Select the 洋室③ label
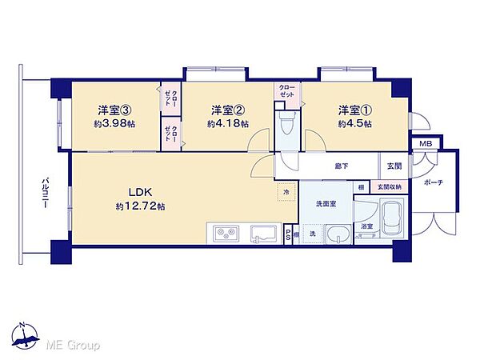click(x=114, y=110)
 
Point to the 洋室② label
click(x=227, y=110)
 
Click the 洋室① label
click(x=353, y=110)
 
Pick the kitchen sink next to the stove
click(x=262, y=234)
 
